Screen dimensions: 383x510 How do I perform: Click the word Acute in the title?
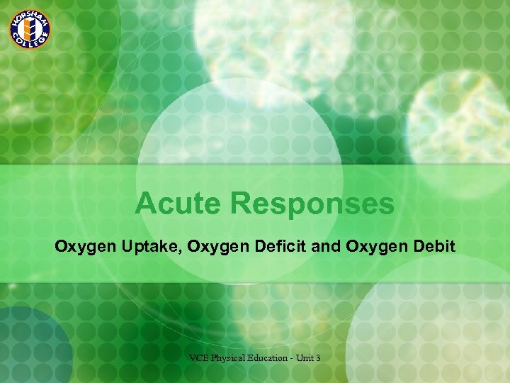click(178, 204)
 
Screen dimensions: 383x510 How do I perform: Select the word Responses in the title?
click(312, 204)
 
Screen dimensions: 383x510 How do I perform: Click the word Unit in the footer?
click(306, 358)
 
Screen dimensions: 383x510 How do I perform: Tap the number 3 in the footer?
click(318, 358)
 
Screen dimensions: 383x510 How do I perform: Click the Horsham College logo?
click(29, 29)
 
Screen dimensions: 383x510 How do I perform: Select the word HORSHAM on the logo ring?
click(29, 14)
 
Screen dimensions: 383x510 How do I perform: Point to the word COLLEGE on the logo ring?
click(29, 45)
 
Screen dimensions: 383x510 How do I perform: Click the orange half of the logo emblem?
click(25, 29)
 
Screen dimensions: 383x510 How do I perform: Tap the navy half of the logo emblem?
click(33, 29)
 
